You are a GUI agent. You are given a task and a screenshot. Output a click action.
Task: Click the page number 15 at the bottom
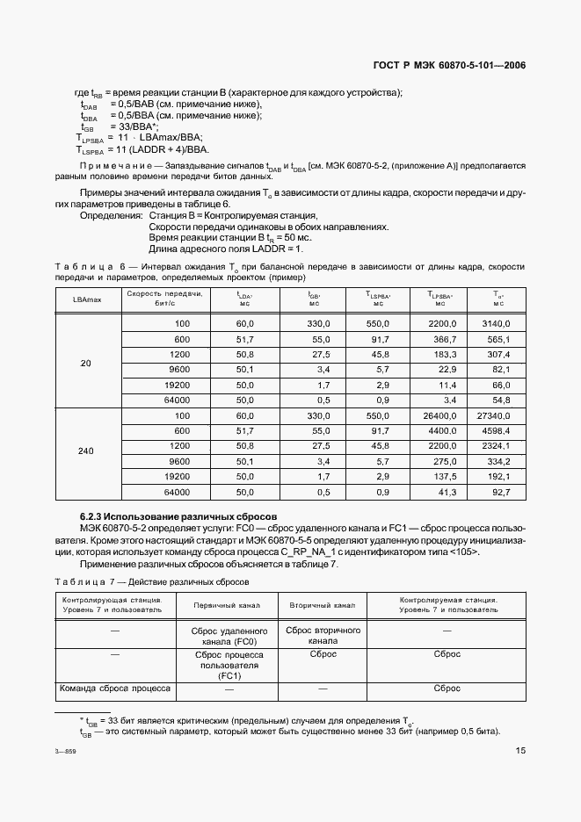pos(520,751)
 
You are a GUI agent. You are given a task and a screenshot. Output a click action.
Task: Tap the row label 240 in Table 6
pos(86,451)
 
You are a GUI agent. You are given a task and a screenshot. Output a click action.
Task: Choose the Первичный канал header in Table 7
pos(228,606)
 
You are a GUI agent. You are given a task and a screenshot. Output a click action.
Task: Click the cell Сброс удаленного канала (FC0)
pos(228,636)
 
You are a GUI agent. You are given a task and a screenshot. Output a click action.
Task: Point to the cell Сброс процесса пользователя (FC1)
pos(228,666)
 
